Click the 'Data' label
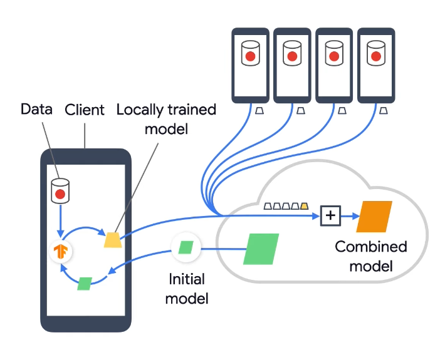pos(36,110)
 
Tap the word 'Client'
pos(85,110)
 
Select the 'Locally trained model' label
pos(166,119)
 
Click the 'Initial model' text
pos(187,287)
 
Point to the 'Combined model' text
pos(370,256)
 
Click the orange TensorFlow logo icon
pos(61,252)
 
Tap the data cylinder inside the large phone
pos(60,192)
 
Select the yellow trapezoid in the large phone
pos(113,240)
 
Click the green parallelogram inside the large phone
pos(85,283)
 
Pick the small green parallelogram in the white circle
pos(186,247)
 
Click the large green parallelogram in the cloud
pos(261,249)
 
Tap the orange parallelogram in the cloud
pos(374,216)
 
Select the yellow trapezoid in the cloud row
pos(305,205)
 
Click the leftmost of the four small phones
pos(250,65)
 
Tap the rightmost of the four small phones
pos(375,65)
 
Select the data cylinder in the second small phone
pos(291,54)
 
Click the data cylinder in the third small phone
pos(333,54)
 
